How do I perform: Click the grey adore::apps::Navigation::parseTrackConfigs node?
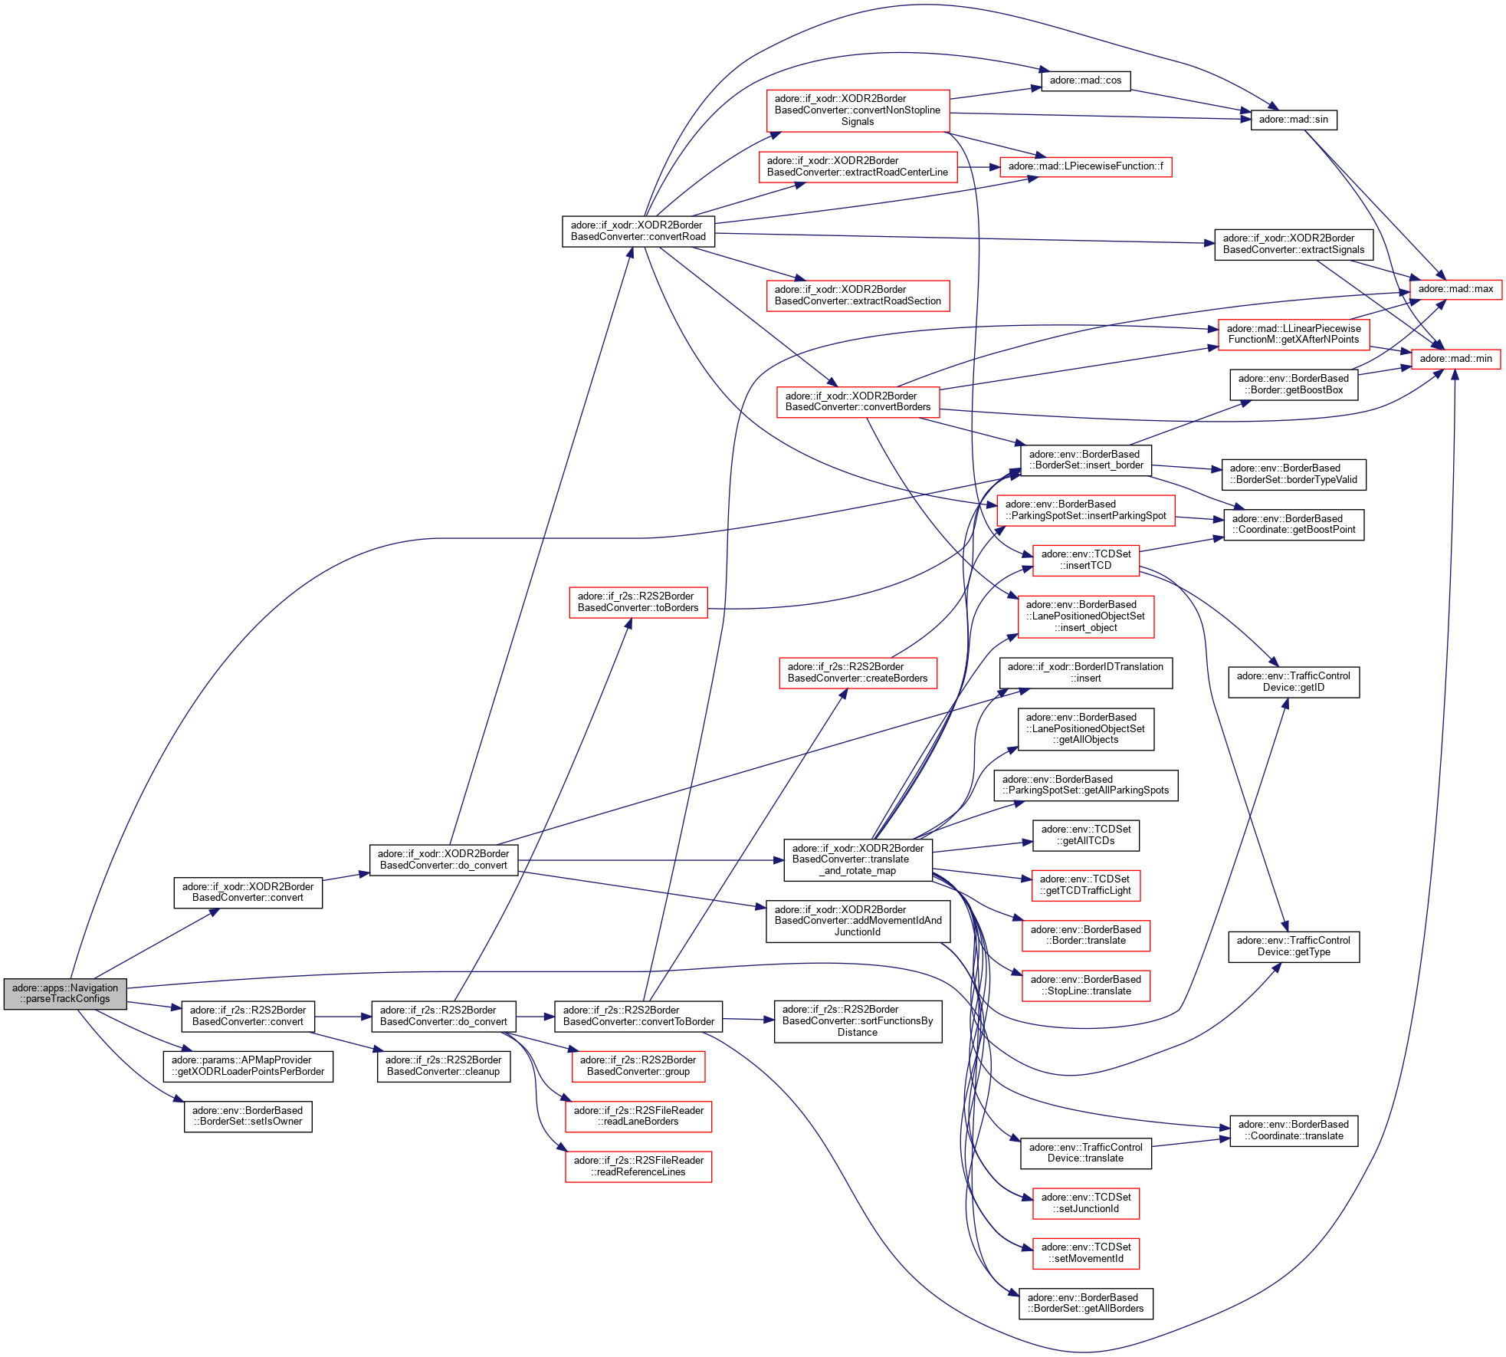[x=65, y=994]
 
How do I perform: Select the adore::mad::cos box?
[x=1085, y=80]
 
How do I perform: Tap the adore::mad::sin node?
[x=1293, y=120]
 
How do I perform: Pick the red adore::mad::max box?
[x=1455, y=289]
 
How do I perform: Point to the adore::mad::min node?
[x=1455, y=359]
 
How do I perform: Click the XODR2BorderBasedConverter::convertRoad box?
[x=638, y=231]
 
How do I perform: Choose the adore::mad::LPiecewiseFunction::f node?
[x=1085, y=166]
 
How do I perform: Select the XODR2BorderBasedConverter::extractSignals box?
[x=1293, y=244]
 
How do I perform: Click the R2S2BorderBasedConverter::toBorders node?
[x=638, y=602]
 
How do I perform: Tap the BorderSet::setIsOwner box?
[x=248, y=1116]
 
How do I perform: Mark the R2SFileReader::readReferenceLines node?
[x=638, y=1166]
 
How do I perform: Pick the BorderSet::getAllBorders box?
[x=1085, y=1303]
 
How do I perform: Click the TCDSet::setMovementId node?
[x=1085, y=1253]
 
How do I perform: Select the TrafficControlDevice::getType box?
[x=1293, y=946]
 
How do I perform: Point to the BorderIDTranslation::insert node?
[x=1085, y=672]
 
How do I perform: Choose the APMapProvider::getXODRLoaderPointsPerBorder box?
[x=248, y=1066]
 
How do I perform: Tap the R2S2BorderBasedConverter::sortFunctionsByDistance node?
[x=858, y=1020]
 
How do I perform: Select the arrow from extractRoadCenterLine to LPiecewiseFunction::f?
[x=978, y=167]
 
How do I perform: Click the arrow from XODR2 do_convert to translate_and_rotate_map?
[x=651, y=860]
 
